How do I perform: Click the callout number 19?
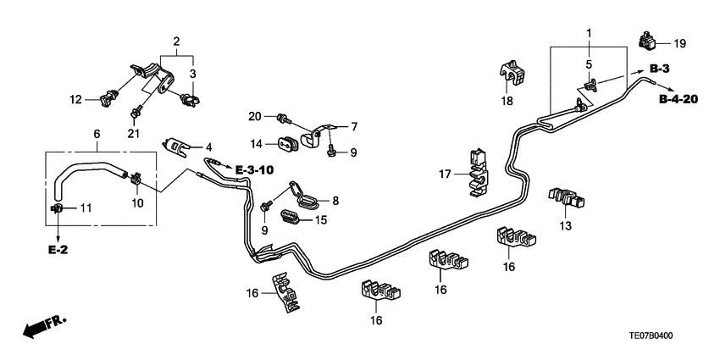680,42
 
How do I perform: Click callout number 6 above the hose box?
97,135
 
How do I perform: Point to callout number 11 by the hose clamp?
85,208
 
